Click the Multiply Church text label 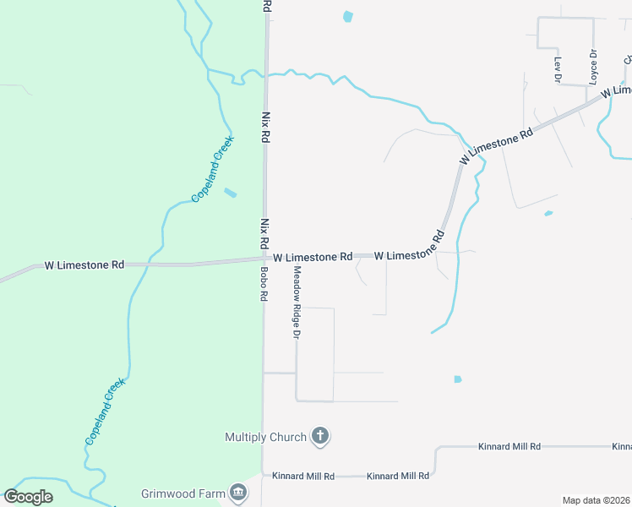coord(265,437)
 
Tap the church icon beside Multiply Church coord(319,436)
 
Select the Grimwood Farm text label coord(182,491)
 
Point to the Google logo coord(28,496)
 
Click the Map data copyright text coord(596,500)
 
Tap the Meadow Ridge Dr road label coord(297,302)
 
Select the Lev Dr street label coord(558,68)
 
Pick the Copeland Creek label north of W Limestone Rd coord(211,172)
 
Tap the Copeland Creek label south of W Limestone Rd coord(105,412)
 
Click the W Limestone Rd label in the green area coord(84,264)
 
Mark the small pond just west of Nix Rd coord(230,193)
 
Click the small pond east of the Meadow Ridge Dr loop coord(458,379)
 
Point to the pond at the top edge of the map coord(347,16)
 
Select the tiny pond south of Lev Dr coord(548,213)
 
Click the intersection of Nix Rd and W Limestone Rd coord(264,258)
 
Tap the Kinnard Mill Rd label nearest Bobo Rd coord(303,476)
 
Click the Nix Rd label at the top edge coord(267,5)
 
